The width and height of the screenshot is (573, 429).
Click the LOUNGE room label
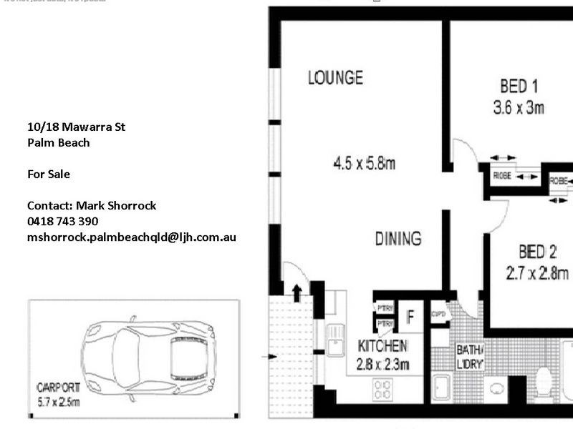(x=335, y=77)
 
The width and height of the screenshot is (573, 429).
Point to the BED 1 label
(x=519, y=87)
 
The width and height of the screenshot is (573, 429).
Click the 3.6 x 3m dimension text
(x=519, y=108)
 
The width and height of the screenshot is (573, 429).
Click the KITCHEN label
(x=382, y=347)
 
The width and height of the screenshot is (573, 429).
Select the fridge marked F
(x=411, y=315)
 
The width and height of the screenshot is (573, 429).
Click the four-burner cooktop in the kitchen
(x=383, y=390)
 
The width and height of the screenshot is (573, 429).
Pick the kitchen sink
(x=334, y=339)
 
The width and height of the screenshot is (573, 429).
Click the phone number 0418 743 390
(x=62, y=221)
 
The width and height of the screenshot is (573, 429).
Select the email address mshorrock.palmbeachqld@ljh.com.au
(x=131, y=237)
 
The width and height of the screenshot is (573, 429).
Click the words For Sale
(x=49, y=174)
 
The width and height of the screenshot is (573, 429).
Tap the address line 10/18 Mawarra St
(x=76, y=127)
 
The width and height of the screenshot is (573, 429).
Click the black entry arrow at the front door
(x=297, y=291)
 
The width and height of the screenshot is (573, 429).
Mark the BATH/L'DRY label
(x=471, y=356)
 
